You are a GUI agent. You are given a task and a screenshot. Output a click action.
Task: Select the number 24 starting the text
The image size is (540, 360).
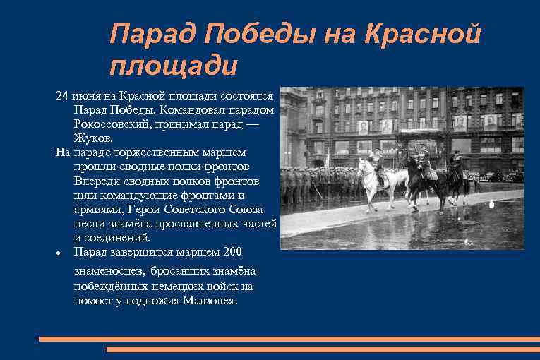point(62,95)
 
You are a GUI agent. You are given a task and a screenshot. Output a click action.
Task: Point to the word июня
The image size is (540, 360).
point(87,95)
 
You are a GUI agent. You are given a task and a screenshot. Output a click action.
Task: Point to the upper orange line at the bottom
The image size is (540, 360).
point(289,339)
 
